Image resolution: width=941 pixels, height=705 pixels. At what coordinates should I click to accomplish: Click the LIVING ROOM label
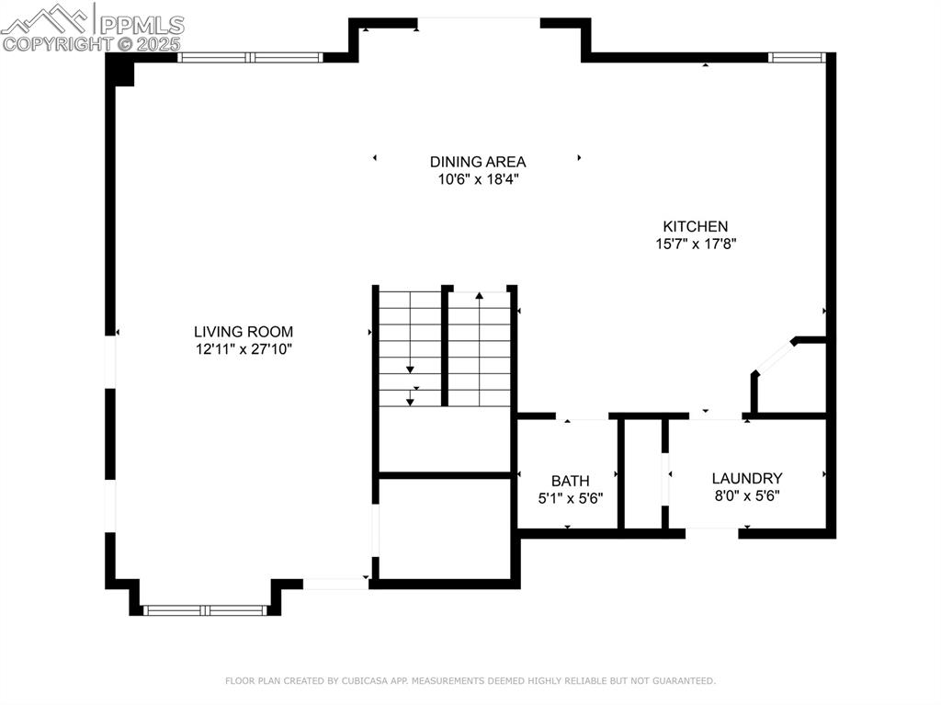(x=244, y=332)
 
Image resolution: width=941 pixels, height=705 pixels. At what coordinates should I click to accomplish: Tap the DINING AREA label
(x=478, y=162)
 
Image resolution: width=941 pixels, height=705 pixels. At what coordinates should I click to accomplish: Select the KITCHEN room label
(x=696, y=226)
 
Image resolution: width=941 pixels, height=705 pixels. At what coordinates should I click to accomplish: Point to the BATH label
(x=570, y=481)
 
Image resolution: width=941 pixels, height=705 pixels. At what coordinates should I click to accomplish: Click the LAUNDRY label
(x=746, y=478)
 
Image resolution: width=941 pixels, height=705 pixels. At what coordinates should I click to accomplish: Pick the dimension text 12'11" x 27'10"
(x=244, y=349)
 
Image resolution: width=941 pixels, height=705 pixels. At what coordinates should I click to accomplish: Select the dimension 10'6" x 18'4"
(x=478, y=179)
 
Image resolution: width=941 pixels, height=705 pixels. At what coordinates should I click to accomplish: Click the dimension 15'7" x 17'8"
(x=696, y=244)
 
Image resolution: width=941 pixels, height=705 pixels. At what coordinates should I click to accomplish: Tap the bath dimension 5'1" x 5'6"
(x=570, y=498)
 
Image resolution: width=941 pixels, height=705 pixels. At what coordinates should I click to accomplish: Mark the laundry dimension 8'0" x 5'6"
(x=746, y=495)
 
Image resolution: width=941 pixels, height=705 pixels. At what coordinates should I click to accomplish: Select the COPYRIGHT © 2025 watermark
(x=91, y=43)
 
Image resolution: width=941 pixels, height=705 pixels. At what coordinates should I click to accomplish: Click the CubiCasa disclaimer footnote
(x=470, y=681)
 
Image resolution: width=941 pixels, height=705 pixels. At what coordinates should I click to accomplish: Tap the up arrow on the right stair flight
(x=479, y=297)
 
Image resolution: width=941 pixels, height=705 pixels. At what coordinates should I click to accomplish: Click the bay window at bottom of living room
(x=206, y=609)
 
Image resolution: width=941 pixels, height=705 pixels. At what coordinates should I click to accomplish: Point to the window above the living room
(x=250, y=57)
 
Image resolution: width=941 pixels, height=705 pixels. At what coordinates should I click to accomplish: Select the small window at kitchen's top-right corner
(x=797, y=57)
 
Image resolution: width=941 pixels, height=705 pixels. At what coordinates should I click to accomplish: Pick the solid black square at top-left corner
(x=120, y=71)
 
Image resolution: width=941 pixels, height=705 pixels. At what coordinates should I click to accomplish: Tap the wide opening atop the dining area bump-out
(x=478, y=22)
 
